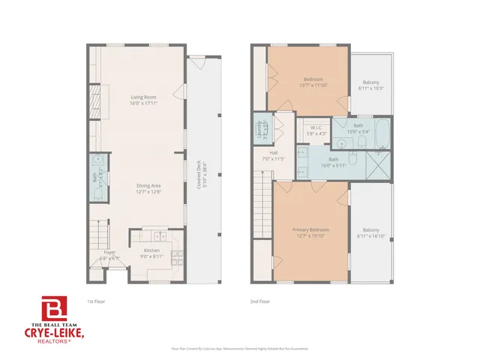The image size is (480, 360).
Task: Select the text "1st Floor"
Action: click(x=96, y=301)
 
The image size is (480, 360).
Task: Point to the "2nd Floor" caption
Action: click(x=259, y=301)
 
